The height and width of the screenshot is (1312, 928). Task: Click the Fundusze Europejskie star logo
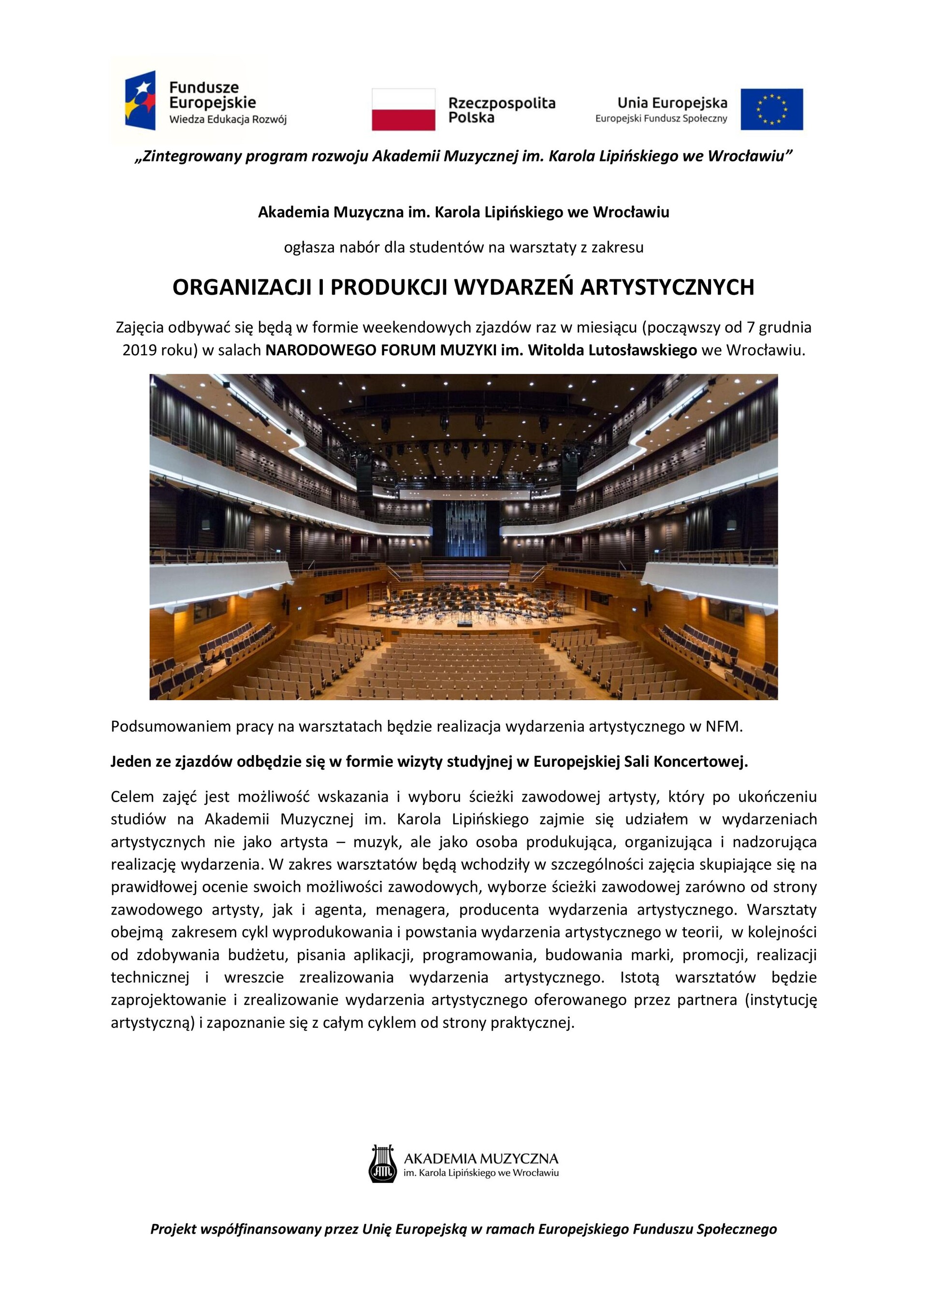pyautogui.click(x=141, y=100)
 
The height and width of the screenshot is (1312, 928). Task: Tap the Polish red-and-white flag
pyautogui.click(x=404, y=109)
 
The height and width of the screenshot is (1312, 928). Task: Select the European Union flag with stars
pyautogui.click(x=771, y=109)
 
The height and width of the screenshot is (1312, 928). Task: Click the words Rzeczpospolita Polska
pyautogui.click(x=502, y=110)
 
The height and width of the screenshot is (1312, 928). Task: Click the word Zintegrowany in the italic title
pyautogui.click(x=191, y=157)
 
